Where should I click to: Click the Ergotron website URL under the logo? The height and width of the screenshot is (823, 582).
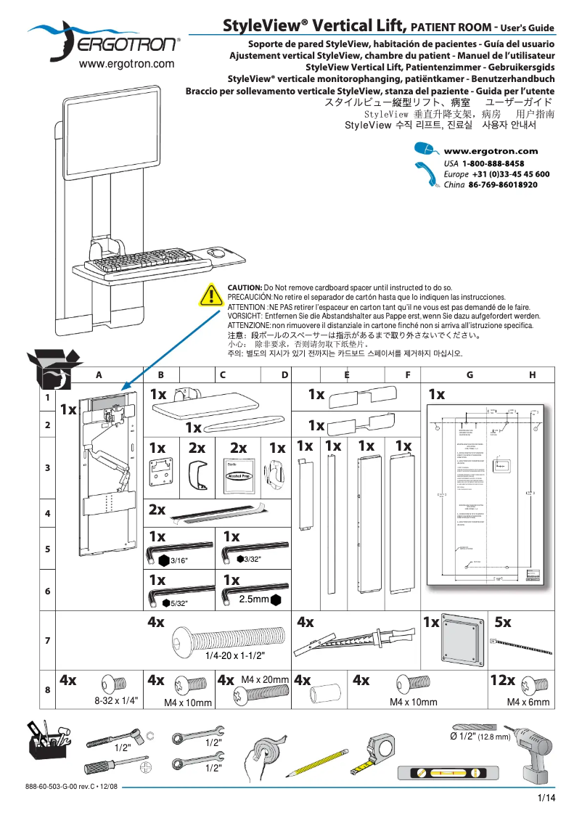pyautogui.click(x=126, y=64)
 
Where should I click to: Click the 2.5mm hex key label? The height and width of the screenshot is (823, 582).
pyautogui.click(x=254, y=600)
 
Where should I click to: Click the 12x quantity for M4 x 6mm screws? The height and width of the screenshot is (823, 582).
pyautogui.click(x=502, y=681)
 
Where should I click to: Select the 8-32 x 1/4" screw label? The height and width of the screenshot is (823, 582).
pyautogui.click(x=116, y=701)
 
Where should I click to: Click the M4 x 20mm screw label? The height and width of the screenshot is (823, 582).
pyautogui.click(x=265, y=679)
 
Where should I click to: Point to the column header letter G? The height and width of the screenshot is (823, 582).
pyautogui.click(x=470, y=374)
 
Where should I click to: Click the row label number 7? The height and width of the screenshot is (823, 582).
pyautogui.click(x=47, y=641)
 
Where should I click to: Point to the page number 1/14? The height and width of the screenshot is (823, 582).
pyautogui.click(x=546, y=798)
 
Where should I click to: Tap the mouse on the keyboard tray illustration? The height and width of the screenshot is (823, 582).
pyautogui.click(x=216, y=253)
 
